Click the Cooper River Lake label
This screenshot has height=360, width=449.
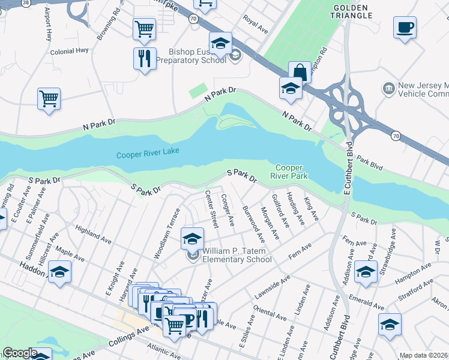148,154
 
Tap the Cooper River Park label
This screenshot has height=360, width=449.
291,172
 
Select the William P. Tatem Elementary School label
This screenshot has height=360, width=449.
237,255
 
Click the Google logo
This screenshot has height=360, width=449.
20,353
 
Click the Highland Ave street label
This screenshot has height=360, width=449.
93,235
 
